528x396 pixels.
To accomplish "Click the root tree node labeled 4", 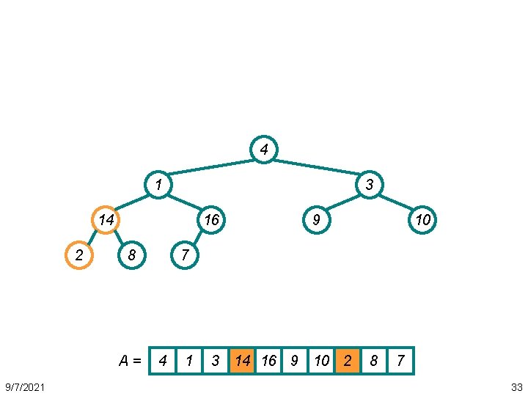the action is tap(264, 150).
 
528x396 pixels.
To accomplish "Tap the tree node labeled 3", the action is tap(370, 185).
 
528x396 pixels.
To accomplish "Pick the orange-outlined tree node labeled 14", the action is tap(106, 219).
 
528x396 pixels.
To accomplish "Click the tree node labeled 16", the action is tap(211, 219).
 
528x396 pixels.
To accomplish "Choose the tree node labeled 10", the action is tap(422, 219).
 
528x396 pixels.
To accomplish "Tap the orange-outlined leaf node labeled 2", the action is tap(79, 255).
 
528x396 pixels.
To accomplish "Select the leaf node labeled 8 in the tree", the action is tap(132, 255).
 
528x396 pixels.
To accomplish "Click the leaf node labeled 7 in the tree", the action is tap(185, 255).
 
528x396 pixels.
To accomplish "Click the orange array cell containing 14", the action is tap(242, 361).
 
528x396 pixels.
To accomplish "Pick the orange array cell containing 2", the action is tap(348, 361).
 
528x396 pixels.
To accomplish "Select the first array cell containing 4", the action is tap(163, 361).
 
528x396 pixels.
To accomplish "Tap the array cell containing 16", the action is tap(268, 361).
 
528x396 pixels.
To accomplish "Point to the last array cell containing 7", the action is tap(400, 361).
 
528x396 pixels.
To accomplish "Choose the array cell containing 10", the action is tap(321, 361).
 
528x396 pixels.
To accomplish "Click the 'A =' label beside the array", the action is tap(131, 361).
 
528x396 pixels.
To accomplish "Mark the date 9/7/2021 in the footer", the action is tap(25, 386).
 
